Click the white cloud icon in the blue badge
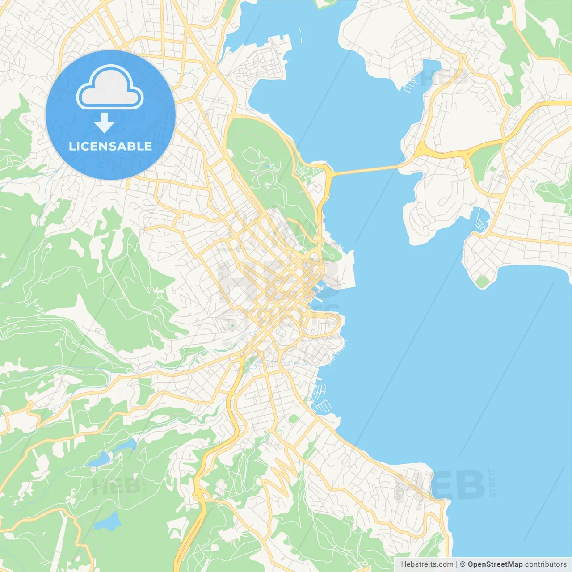pyautogui.click(x=110, y=87)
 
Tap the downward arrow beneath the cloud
pyautogui.click(x=104, y=123)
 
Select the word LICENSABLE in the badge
pyautogui.click(x=110, y=146)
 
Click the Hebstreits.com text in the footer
pyautogui.click(x=427, y=564)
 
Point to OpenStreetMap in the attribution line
pyautogui.click(x=495, y=564)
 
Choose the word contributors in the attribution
pyautogui.click(x=546, y=564)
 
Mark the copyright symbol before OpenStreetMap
pyautogui.click(x=463, y=564)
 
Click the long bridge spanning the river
pyautogui.click(x=364, y=170)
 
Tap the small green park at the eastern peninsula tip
pyautogui.click(x=482, y=281)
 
